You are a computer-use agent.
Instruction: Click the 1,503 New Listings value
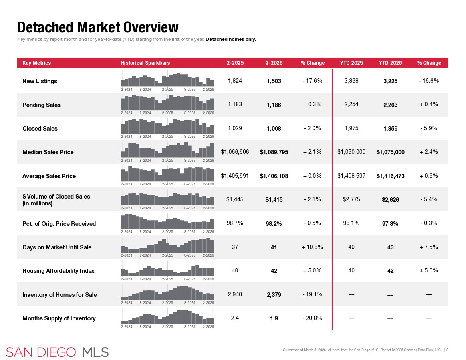[x=274, y=81]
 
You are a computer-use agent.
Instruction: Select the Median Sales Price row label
[x=48, y=152]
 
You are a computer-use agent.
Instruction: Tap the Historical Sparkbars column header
[x=145, y=63]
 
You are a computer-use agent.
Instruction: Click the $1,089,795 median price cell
[x=274, y=152]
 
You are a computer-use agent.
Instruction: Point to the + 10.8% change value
[x=313, y=247]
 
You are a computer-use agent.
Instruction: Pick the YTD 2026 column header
[x=390, y=63]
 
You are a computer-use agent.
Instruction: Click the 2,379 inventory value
[x=274, y=295]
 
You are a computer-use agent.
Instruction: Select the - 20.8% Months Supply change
[x=313, y=318]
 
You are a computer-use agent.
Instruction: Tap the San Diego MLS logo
[x=58, y=352]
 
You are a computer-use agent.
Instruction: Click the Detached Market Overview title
[x=98, y=27]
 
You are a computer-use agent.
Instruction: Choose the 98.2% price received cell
[x=274, y=223]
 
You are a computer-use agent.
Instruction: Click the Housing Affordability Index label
[x=58, y=271]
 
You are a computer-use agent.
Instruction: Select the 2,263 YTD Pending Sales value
[x=390, y=105]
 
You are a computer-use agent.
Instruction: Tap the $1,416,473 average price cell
[x=390, y=176]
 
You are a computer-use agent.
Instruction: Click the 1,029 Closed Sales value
[x=235, y=128]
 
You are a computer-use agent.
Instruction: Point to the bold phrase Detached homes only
[x=230, y=39]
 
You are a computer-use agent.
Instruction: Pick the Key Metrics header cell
[x=36, y=63]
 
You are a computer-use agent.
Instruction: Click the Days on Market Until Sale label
[x=57, y=247]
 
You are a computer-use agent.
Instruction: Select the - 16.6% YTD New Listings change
[x=429, y=81]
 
